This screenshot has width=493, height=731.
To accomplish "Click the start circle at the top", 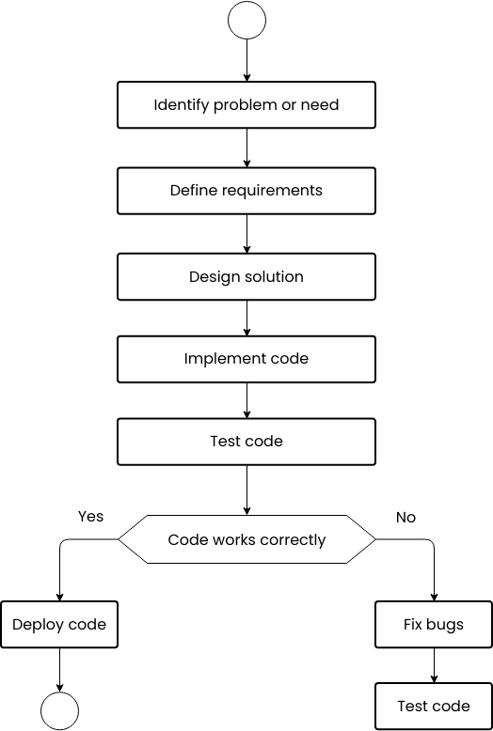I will coord(246,21).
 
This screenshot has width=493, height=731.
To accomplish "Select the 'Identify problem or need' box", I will coord(246,104).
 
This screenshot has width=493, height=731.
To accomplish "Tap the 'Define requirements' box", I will coord(246,191).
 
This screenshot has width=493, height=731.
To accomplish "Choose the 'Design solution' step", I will coord(246,277).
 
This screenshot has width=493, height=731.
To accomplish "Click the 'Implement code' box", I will coord(246,359).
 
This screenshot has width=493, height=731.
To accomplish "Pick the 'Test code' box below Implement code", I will coord(246,442).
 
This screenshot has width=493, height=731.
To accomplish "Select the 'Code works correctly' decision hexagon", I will coord(246,539).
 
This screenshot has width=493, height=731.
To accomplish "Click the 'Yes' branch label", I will coord(90,517).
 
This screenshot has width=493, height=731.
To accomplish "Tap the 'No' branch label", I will coord(406,517).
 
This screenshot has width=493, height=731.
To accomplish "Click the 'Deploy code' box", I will coord(59,625).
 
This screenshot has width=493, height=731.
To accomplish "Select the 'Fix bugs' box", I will coord(434,625).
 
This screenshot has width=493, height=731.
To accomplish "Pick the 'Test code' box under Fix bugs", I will coord(434,707).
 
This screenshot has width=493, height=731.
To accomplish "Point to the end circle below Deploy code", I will coord(59,711).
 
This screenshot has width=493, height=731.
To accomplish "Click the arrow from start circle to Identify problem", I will coord(246,60).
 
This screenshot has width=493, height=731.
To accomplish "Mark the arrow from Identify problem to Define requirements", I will coord(246,148).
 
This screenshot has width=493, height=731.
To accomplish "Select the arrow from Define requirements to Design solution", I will coord(246,234).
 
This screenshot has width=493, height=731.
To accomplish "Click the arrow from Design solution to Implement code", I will coord(246,319).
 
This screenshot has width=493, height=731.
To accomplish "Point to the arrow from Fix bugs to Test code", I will coord(434,665).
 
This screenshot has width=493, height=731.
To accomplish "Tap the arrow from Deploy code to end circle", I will coord(59,670).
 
